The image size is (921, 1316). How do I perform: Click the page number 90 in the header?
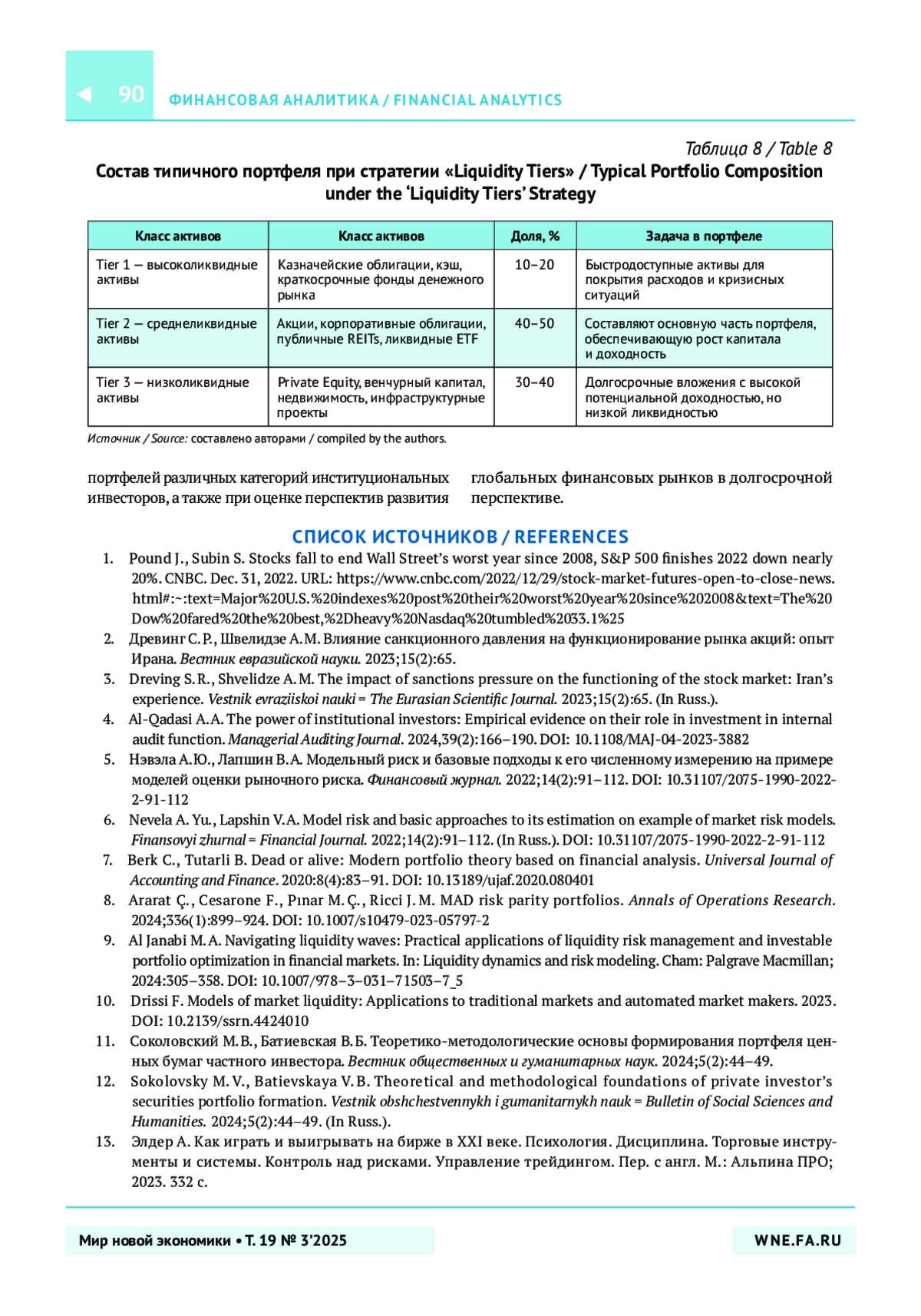coord(131,94)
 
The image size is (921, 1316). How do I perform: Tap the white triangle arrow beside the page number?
coord(84,94)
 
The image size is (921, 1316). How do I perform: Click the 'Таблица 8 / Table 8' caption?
coord(758,148)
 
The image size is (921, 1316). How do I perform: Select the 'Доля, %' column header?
coord(535,236)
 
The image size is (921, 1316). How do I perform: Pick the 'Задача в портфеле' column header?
coord(704,236)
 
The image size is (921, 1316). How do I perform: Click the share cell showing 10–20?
coord(534,265)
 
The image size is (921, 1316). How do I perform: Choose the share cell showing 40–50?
coord(534,324)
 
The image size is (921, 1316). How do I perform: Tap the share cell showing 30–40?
coord(534,382)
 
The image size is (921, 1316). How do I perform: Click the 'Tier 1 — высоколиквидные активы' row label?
coord(177,272)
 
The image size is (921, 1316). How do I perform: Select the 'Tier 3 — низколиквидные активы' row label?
coord(172,390)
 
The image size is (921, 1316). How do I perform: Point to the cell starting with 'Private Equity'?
coord(381,397)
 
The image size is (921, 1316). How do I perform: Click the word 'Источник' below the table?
coord(114,439)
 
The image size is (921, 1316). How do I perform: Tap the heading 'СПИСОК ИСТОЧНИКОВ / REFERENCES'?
coord(460,537)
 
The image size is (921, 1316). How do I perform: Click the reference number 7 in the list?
coord(108,860)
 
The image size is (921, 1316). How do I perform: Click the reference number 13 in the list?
coord(105,1142)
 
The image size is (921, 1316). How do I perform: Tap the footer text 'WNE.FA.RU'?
coord(797,1241)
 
